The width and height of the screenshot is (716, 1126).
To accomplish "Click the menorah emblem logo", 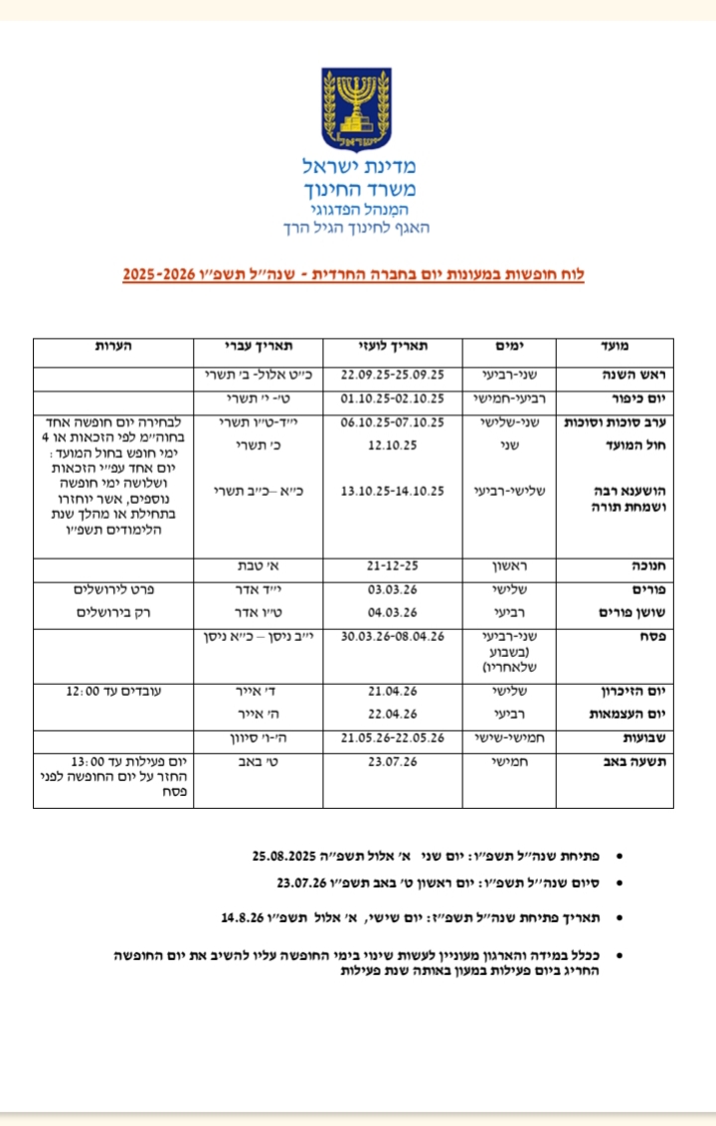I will coord(356,108).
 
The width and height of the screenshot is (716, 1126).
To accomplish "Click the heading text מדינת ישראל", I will coord(356,166).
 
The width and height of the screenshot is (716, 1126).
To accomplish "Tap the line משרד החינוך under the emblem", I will coord(357,189).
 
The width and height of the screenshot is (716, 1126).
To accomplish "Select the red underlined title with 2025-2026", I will coord(353,272).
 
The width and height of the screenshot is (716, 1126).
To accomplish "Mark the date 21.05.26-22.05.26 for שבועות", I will coord(392,738).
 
